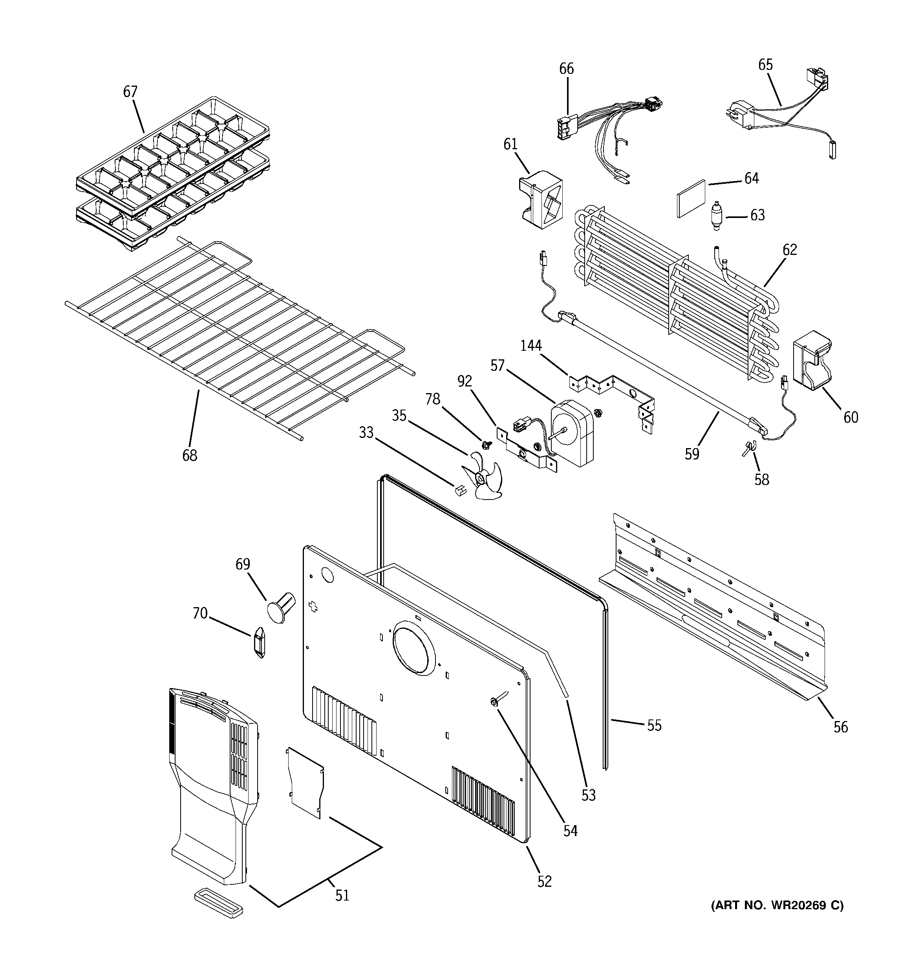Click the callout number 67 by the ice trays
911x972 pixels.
click(x=130, y=92)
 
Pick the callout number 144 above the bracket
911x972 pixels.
click(x=531, y=346)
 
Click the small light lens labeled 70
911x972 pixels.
click(x=259, y=642)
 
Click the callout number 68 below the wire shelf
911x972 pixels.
click(x=190, y=455)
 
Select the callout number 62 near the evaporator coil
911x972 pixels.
click(x=790, y=250)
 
